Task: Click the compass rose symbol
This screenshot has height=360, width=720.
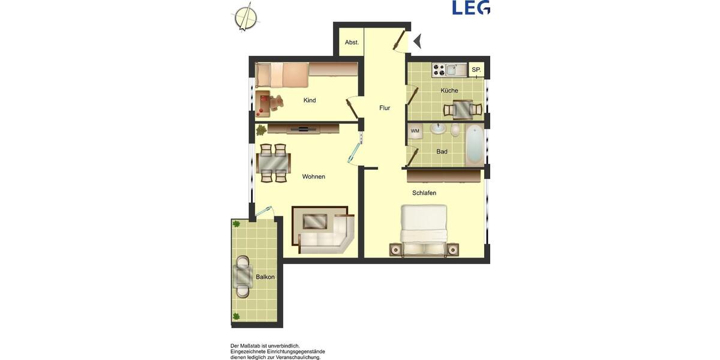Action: click(x=245, y=17)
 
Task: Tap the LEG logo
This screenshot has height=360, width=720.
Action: click(x=470, y=7)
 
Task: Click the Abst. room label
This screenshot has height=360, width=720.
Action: click(x=352, y=43)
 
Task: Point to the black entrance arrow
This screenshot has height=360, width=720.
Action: click(x=418, y=41)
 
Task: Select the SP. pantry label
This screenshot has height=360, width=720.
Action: click(x=476, y=70)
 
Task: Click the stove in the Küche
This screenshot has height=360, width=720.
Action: click(x=439, y=70)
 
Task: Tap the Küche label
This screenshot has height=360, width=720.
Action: click(x=449, y=91)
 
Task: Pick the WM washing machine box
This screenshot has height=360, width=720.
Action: click(x=415, y=131)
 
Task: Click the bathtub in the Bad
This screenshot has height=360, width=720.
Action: click(x=475, y=145)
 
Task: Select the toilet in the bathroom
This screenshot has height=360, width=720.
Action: click(x=455, y=130)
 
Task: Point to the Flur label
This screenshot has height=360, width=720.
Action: click(x=385, y=108)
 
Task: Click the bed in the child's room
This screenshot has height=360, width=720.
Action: click(x=282, y=76)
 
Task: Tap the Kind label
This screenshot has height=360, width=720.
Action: click(x=310, y=100)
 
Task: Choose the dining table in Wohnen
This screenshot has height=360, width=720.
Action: click(x=274, y=163)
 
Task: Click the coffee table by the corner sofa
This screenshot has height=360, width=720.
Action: click(x=315, y=221)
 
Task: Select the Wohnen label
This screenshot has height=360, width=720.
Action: click(x=314, y=176)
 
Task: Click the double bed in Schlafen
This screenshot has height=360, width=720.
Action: click(x=424, y=230)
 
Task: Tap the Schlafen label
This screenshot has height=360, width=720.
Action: click(x=424, y=193)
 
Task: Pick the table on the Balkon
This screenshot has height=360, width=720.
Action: click(x=243, y=277)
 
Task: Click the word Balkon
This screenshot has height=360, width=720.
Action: click(x=265, y=277)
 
